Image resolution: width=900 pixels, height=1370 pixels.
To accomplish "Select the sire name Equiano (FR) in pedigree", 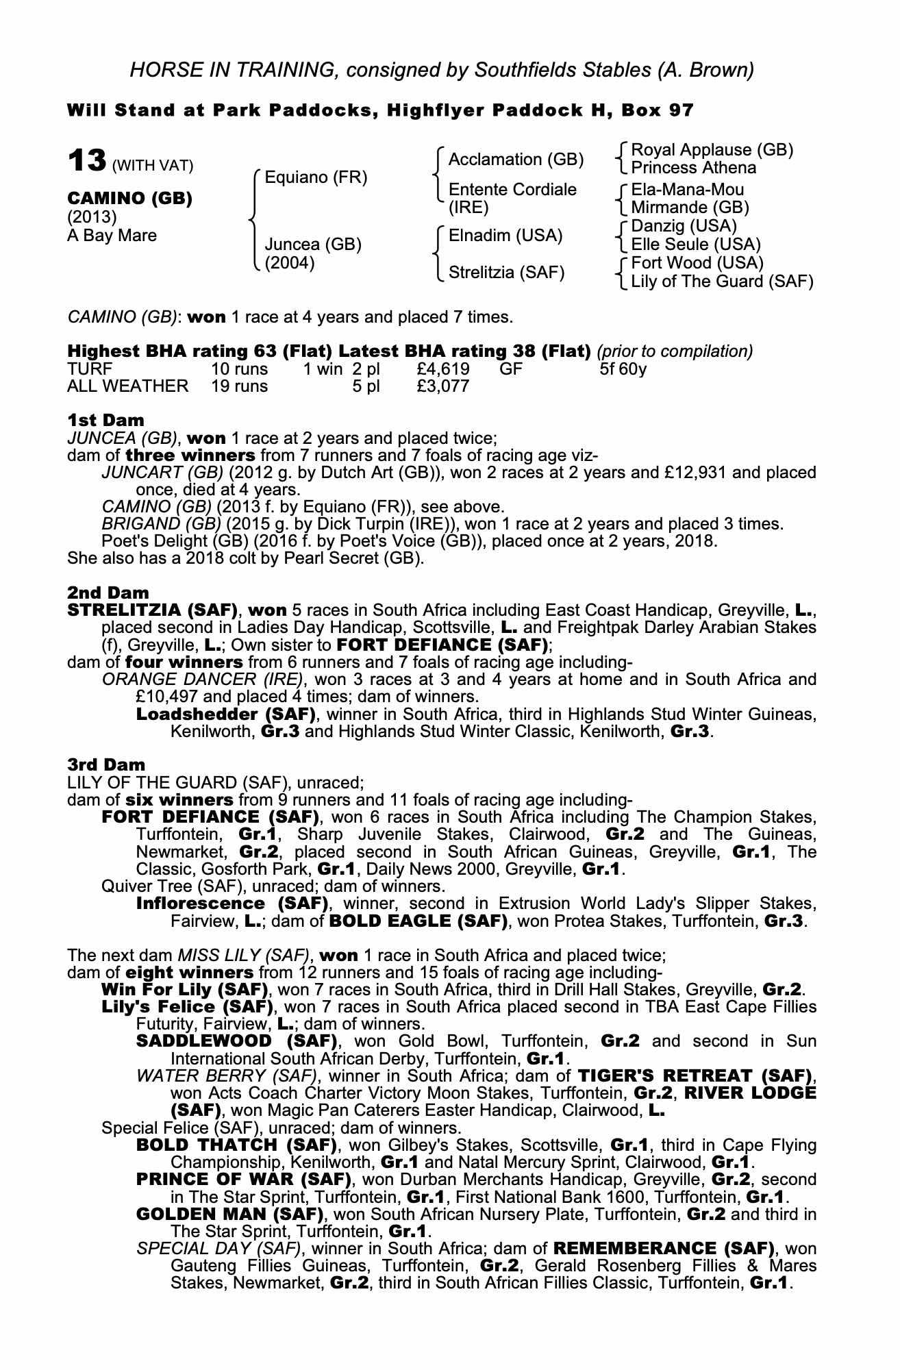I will (316, 178).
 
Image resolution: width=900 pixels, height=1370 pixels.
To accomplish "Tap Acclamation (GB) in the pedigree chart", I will (516, 160).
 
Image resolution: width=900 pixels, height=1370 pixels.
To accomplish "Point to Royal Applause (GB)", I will (712, 150).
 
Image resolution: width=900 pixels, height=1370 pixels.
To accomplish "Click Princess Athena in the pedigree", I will (693, 169).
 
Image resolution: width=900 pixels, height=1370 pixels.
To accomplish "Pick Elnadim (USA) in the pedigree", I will (505, 236).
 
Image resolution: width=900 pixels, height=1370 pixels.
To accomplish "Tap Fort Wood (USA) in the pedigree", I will (697, 263).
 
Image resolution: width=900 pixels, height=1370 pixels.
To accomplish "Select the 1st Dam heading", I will (105, 420).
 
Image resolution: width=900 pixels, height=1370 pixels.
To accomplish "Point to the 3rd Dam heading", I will (106, 764).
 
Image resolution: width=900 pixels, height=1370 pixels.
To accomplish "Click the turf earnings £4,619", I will (442, 369).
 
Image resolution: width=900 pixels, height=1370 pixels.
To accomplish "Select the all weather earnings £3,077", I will (442, 386).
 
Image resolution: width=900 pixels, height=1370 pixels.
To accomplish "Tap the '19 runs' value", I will (240, 386).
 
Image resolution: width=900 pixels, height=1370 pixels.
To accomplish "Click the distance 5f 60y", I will (623, 369).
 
